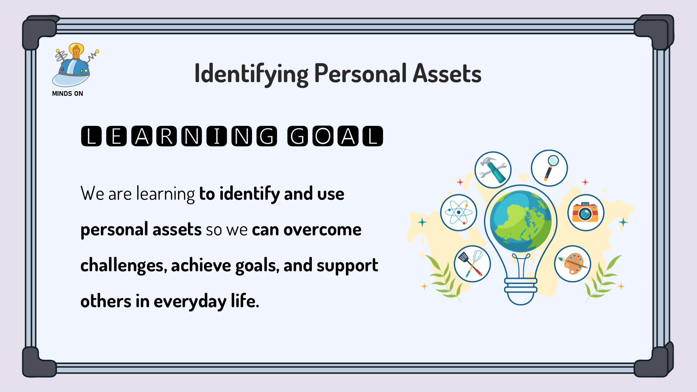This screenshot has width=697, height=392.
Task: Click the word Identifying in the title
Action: pos(252,74)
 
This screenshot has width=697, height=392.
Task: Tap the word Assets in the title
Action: pos(447,73)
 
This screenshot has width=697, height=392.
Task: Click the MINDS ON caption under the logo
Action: pos(68,94)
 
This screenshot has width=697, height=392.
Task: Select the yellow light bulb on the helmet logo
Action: pos(76,51)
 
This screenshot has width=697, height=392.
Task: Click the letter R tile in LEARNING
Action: pos(167,136)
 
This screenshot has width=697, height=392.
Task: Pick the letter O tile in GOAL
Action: pos(323,136)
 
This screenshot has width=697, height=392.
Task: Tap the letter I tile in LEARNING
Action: pos(217,136)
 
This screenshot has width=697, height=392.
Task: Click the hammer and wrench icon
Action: pos(493,170)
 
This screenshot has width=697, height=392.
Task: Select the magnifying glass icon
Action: pos(549,168)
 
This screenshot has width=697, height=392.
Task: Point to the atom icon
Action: pos(458,212)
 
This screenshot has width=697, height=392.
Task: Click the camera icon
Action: pos(586,212)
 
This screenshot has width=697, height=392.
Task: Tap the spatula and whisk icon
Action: pos(472,264)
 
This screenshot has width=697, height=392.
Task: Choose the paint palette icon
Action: pos(572,264)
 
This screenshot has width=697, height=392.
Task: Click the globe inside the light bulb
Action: pos(521,221)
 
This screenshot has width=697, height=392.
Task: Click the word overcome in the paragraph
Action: pos(322,230)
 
